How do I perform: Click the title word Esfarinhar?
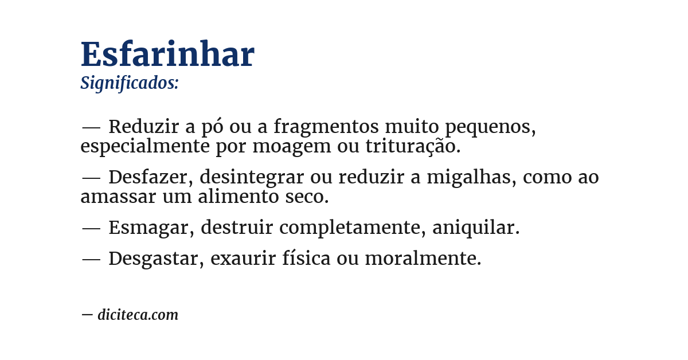point(167,55)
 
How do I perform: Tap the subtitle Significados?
point(130,83)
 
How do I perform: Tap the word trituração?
point(413,147)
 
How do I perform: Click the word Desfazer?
point(151,177)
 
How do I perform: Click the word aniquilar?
point(475,228)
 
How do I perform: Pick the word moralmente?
point(423,259)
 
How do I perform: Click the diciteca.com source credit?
point(138,315)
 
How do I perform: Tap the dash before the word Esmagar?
point(91,228)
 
